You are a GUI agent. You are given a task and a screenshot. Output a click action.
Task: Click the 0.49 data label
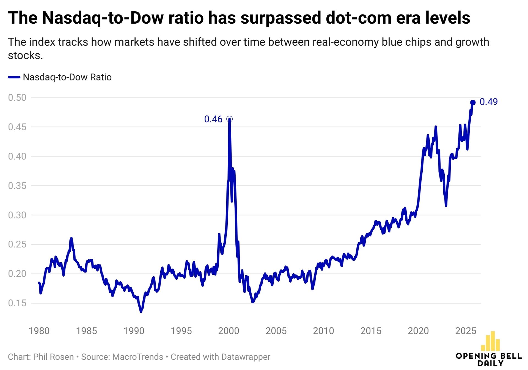click(x=488, y=102)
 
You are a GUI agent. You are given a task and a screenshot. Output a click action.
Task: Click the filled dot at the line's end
click(x=473, y=102)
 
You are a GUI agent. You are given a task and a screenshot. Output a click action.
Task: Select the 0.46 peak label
click(x=213, y=119)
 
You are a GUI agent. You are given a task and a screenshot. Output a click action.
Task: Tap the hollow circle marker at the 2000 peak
click(x=230, y=119)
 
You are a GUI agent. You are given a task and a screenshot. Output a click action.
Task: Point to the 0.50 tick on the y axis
click(x=17, y=98)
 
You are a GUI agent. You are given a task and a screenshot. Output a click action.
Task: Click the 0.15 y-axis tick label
click(x=17, y=303)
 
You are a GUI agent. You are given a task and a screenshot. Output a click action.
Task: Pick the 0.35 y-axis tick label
click(x=17, y=186)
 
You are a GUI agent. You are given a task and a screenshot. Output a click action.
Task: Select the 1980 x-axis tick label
click(x=39, y=331)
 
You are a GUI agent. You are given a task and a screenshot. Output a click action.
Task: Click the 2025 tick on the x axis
click(x=466, y=331)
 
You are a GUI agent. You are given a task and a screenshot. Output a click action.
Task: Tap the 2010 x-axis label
click(x=323, y=331)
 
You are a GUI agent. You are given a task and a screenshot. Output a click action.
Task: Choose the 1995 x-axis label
click(x=181, y=331)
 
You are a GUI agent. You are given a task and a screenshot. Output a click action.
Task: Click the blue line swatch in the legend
click(x=14, y=77)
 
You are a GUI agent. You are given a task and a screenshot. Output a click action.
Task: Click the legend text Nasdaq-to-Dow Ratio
click(x=67, y=77)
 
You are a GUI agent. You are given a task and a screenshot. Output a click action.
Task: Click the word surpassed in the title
click(x=280, y=18)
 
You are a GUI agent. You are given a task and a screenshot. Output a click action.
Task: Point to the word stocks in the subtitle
click(x=25, y=55)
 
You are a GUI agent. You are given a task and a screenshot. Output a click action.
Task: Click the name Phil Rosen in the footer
click(x=53, y=357)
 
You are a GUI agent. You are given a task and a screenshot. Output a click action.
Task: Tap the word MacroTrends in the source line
click(x=138, y=357)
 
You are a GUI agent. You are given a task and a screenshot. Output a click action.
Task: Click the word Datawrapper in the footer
click(x=246, y=357)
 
